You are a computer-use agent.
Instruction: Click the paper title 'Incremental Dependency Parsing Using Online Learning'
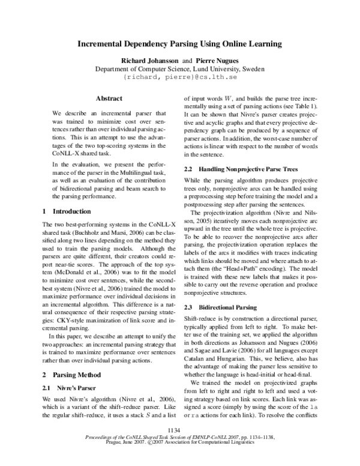180,44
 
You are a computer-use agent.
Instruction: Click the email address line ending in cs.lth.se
180,77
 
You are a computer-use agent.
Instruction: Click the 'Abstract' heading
109,98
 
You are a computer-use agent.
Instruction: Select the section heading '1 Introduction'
67,211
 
